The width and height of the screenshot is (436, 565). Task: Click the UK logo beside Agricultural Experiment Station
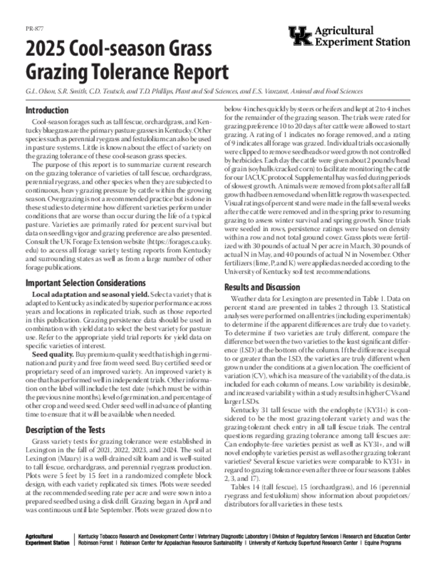[300, 36]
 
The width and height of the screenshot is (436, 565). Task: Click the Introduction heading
[47, 110]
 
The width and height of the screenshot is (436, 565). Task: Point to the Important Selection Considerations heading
[85, 283]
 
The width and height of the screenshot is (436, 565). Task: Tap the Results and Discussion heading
[262, 287]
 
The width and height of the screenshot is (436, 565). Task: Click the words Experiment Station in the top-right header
[362, 42]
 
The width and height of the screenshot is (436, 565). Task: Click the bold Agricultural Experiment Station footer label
[47, 540]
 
